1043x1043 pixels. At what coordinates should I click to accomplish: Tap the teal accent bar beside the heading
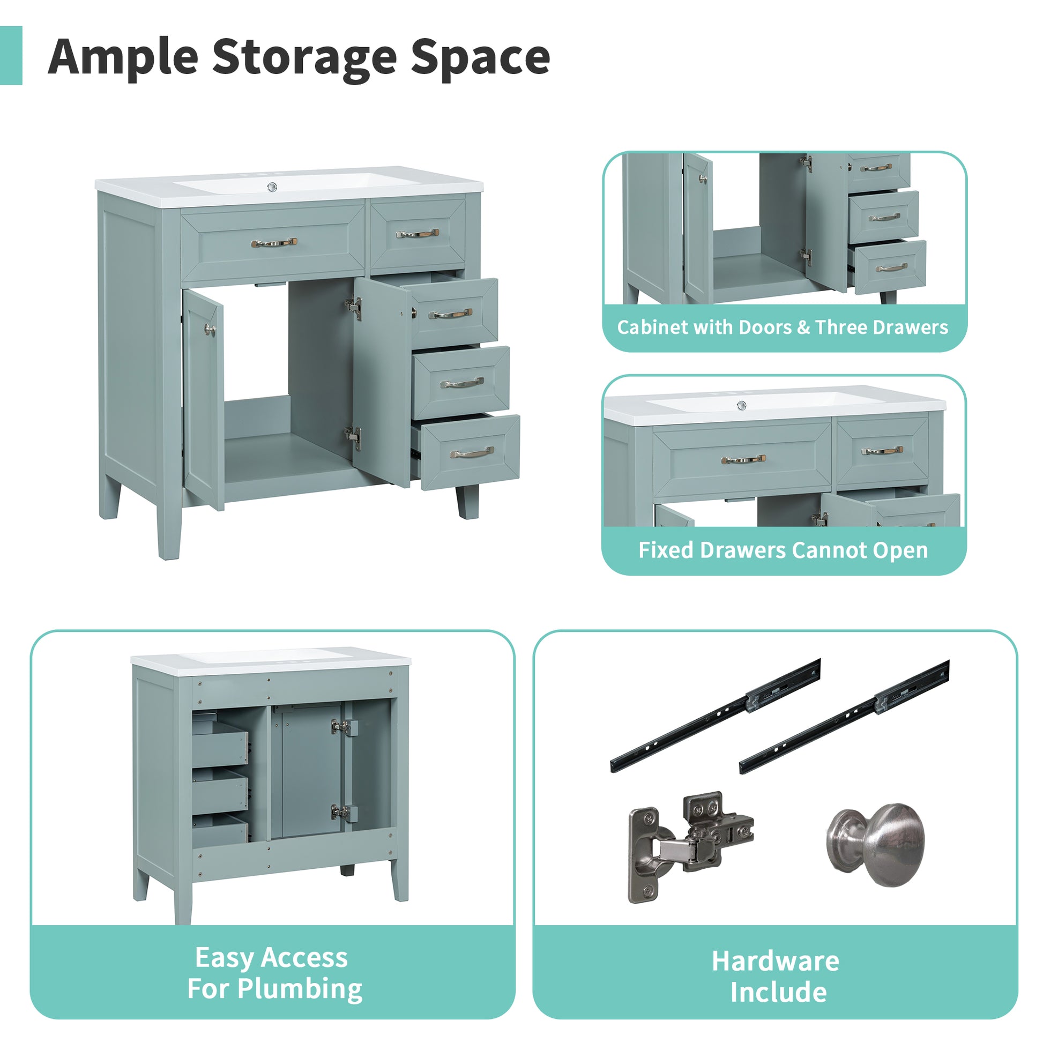[11, 55]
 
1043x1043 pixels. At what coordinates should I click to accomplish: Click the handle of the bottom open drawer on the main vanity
[472, 452]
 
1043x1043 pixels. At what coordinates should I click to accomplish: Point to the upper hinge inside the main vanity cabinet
[354, 306]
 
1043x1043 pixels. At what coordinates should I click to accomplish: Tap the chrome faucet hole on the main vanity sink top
[273, 188]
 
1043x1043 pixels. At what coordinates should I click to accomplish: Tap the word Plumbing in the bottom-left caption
[300, 988]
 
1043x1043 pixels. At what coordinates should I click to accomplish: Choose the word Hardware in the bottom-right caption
[775, 961]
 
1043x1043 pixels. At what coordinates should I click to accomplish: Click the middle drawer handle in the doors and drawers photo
[884, 218]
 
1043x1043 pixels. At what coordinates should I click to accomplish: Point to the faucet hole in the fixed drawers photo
[742, 405]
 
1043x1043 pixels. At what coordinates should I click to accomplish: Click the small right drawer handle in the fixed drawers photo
[882, 450]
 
